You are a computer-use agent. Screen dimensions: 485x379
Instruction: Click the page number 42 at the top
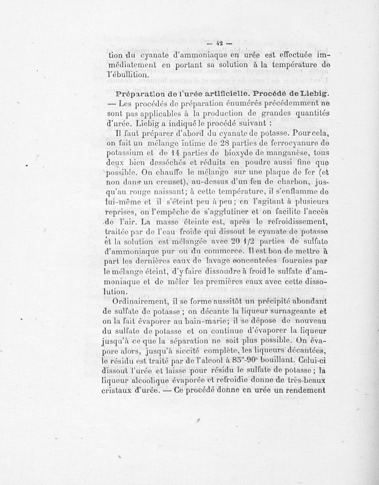tap(218, 46)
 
